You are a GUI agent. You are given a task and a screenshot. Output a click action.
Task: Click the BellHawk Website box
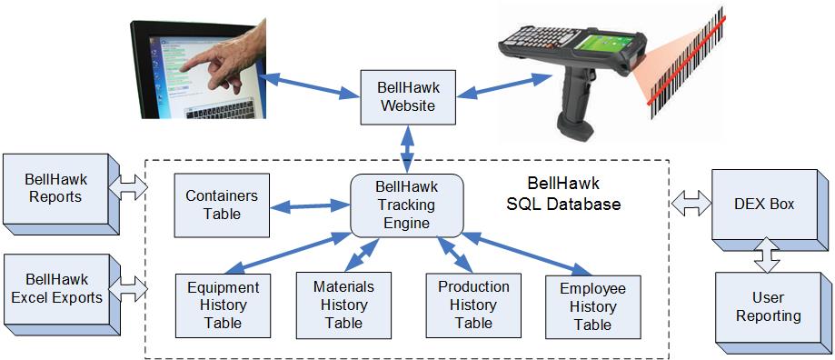pos(407,96)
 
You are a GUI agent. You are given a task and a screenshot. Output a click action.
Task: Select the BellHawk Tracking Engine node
pos(406,205)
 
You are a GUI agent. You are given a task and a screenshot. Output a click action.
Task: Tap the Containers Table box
pos(222,205)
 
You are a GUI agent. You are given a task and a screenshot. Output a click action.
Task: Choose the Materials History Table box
pos(343,305)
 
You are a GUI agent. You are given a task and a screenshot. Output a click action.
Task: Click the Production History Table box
pos(473,305)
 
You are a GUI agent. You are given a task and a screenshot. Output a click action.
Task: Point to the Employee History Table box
pos(592,307)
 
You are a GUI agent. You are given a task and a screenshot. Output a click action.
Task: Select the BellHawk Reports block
pos(62,194)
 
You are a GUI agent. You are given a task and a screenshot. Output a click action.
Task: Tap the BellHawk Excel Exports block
pos(62,295)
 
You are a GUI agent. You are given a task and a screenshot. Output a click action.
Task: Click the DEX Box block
pos(770,210)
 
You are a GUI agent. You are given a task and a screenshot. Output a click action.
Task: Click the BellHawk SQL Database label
pos(563,194)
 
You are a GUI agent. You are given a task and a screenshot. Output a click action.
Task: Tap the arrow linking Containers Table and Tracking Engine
pos(310,206)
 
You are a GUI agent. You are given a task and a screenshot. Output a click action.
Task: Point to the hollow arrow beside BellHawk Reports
pos(128,187)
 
